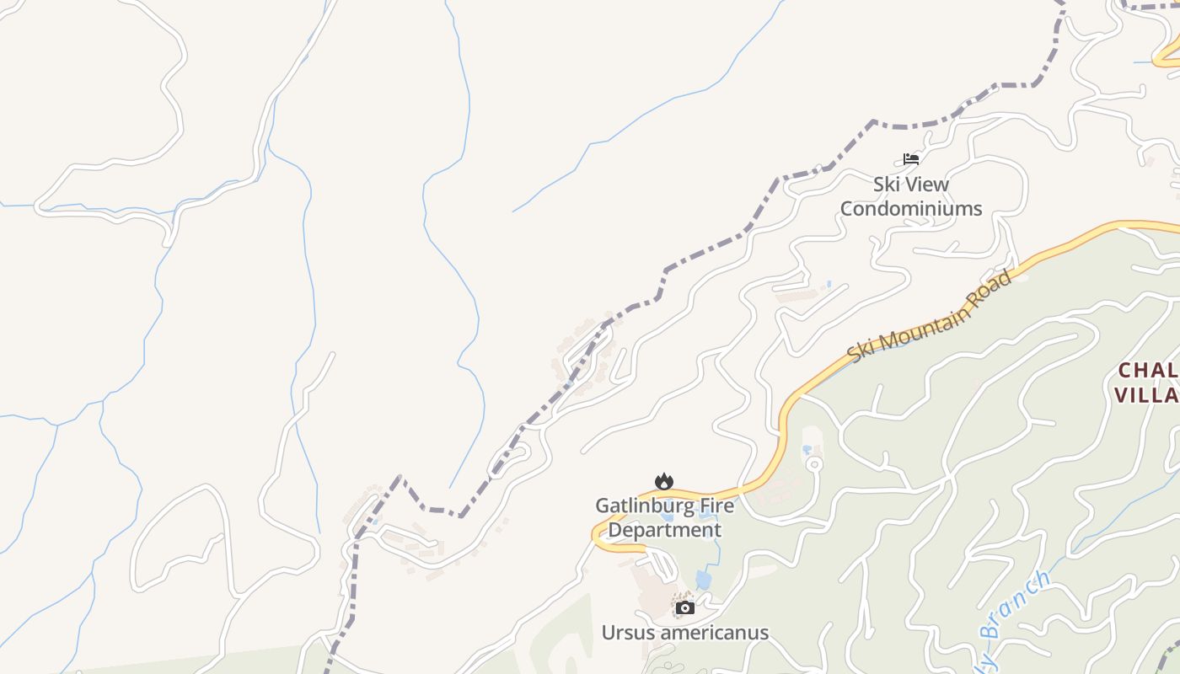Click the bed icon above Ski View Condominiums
click(910, 158)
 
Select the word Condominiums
click(911, 208)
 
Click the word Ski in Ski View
click(885, 185)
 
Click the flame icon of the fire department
click(664, 481)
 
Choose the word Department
click(664, 530)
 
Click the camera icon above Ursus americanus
click(685, 607)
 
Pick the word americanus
click(715, 633)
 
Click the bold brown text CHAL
click(1148, 371)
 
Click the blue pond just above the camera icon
click(703, 580)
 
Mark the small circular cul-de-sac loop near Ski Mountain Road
click(813, 463)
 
